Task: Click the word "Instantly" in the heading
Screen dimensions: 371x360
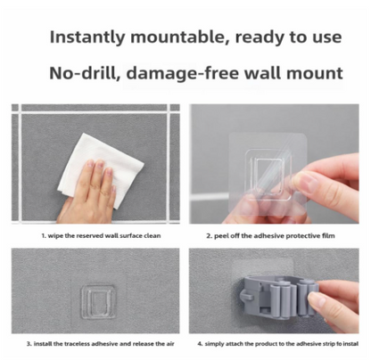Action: pos(87,37)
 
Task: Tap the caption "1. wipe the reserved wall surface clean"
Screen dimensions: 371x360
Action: pos(101,236)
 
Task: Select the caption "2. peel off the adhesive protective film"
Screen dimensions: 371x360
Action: pos(270,236)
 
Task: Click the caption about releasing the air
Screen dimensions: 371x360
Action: pos(101,344)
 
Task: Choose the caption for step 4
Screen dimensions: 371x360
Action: pos(278,344)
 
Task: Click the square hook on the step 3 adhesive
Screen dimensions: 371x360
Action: pos(98,301)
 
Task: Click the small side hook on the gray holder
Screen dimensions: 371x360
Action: pos(246,296)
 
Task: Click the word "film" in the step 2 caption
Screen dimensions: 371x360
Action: pos(328,236)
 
